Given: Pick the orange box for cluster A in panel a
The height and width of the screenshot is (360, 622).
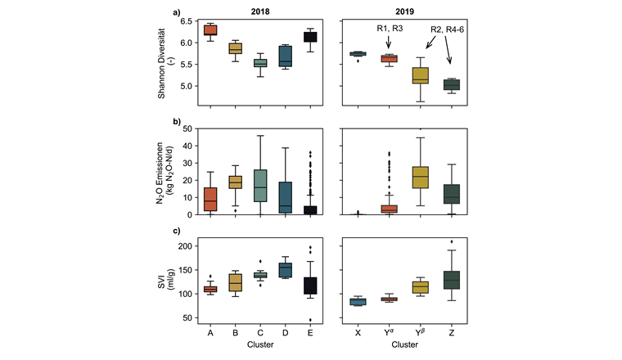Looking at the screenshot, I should pos(210,30).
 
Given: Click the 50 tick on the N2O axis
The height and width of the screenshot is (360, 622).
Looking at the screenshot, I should pos(186,128).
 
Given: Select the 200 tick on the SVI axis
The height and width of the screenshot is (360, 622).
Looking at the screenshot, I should pos(184,246).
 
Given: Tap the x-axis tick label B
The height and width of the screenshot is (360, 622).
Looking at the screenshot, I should pos(237,334).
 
